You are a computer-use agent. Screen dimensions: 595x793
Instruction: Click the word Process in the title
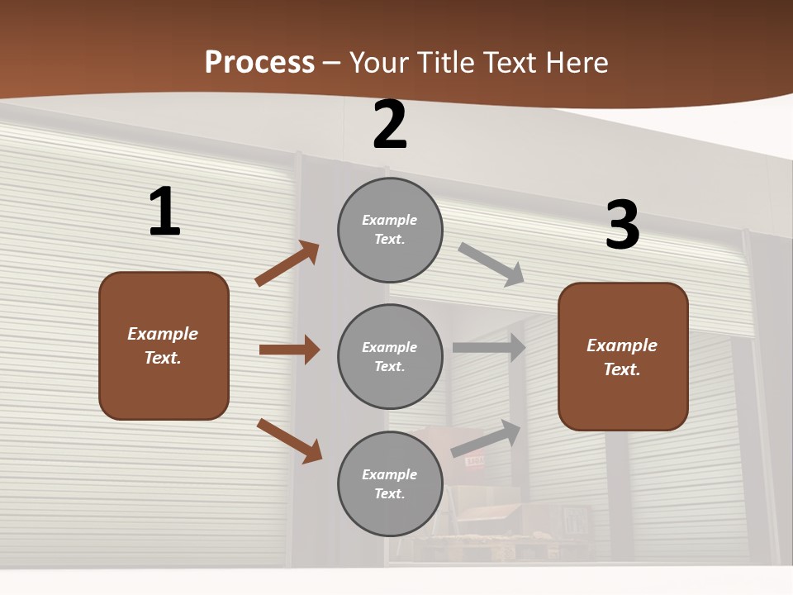(x=259, y=63)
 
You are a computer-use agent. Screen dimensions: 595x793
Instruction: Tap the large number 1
(x=164, y=212)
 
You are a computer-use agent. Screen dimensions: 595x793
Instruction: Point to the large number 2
(x=390, y=126)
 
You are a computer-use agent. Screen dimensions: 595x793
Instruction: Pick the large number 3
(x=622, y=225)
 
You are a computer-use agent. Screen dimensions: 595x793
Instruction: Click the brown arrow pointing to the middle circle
(x=289, y=350)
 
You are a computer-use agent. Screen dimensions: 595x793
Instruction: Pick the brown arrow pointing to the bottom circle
(x=289, y=440)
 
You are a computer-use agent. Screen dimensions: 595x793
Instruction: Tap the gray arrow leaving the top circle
(x=491, y=264)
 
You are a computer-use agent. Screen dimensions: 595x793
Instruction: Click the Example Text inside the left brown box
(x=163, y=345)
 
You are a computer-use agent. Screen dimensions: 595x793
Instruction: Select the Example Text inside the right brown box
(x=622, y=357)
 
